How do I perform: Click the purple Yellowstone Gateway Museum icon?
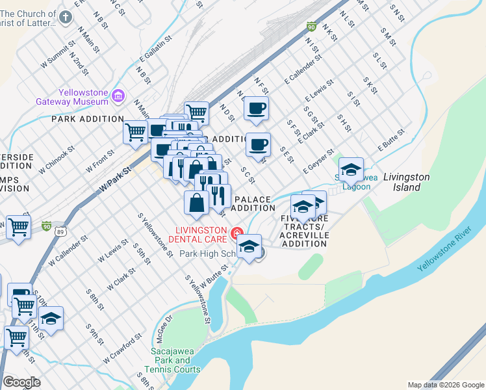click(x=118, y=96)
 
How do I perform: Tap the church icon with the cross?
click(x=66, y=18)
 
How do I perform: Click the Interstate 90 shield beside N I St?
click(x=311, y=27)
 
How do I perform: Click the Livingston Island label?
click(x=406, y=181)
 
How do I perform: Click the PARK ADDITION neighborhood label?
click(x=88, y=119)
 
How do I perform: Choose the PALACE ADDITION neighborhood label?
click(x=253, y=203)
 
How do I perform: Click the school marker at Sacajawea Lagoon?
click(x=351, y=170)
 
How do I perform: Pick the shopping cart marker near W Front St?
click(x=136, y=132)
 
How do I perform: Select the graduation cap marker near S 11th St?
click(x=51, y=319)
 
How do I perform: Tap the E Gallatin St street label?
click(x=155, y=51)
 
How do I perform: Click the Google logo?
click(x=21, y=382)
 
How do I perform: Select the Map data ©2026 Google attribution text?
click(x=445, y=385)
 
